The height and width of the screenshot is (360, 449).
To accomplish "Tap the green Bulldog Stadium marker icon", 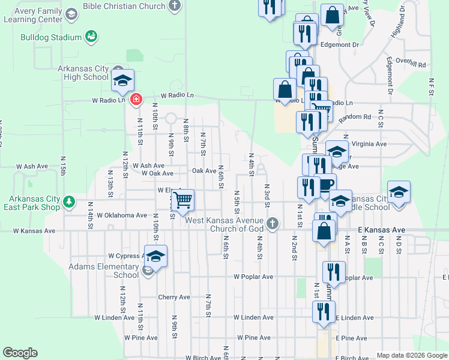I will coord(91,37).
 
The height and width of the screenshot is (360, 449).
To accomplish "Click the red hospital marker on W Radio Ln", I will coord(136,99).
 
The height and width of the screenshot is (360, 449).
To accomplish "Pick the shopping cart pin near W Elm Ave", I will coord(182,199).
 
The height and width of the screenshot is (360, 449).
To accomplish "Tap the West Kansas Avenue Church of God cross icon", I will coord(273,224).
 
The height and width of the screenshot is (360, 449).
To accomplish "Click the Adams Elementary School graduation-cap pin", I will coord(155,256).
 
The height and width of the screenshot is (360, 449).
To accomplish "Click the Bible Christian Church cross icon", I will coord(175,6).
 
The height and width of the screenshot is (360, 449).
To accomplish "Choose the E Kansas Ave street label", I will coord(382,230).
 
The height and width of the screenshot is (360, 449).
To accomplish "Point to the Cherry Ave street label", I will coord(174,297).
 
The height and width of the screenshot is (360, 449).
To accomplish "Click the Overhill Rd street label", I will coord(414,65).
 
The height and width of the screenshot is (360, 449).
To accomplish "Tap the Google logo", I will coord(20,353).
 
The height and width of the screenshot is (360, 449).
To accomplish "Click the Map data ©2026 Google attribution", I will coord(411,355).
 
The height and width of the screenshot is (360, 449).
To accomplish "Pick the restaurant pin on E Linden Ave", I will coord(323,313).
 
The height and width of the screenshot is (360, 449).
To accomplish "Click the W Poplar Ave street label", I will coord(253,277).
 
